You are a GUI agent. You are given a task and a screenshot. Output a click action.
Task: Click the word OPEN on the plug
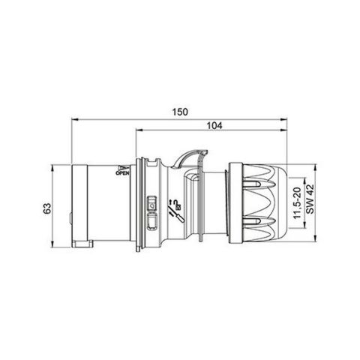point(124,172)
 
